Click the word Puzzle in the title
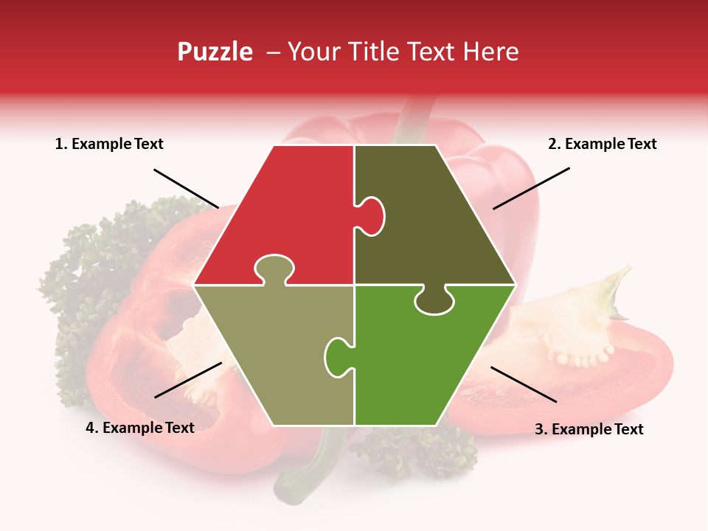pyautogui.click(x=215, y=52)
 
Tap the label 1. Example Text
pyautogui.click(x=109, y=144)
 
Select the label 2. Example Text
pyautogui.click(x=602, y=144)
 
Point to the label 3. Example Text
pyautogui.click(x=589, y=429)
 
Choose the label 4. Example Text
pyautogui.click(x=139, y=428)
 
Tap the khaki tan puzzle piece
pyautogui.click(x=273, y=354)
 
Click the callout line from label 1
pyautogui.click(x=186, y=188)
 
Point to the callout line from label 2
pyautogui.click(x=531, y=188)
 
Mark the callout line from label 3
pyautogui.click(x=524, y=384)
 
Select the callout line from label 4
pyautogui.click(x=188, y=380)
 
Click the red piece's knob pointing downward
pyautogui.click(x=274, y=268)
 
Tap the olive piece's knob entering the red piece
pyautogui.click(x=372, y=215)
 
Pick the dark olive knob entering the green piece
pyautogui.click(x=434, y=301)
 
